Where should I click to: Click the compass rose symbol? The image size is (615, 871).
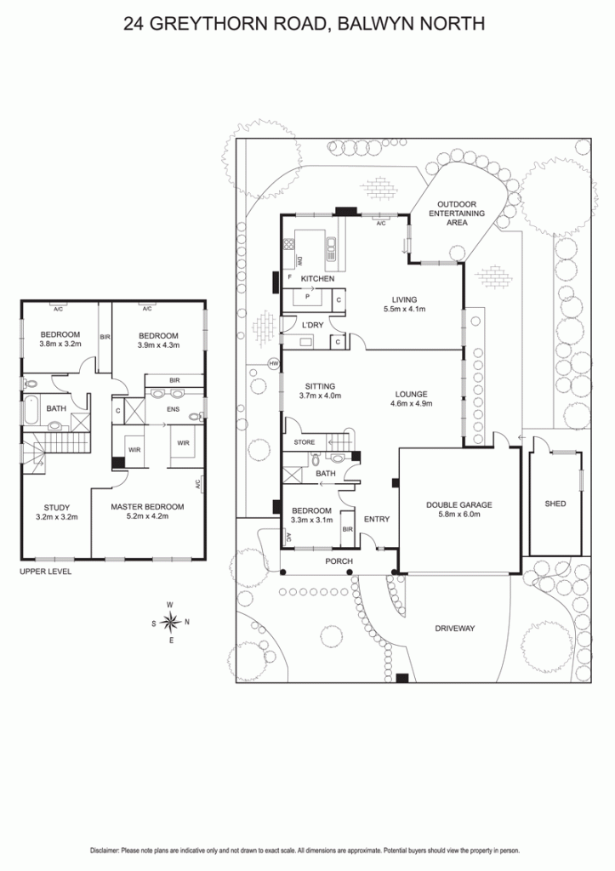point(171,622)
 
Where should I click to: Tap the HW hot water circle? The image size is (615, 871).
point(273,364)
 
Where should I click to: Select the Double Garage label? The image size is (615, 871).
point(458,505)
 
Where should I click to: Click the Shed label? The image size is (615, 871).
point(555,504)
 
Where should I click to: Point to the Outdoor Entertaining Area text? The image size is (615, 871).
point(457,213)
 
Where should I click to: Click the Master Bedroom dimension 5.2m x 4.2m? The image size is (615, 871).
point(147,516)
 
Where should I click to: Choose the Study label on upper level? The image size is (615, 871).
point(57,507)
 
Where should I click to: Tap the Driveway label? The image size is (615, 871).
point(454,629)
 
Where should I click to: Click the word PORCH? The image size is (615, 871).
point(339,561)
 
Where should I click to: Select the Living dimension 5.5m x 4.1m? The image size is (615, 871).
point(404,309)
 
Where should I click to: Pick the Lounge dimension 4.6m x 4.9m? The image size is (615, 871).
point(411,404)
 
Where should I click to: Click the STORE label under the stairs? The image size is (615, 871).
point(305,442)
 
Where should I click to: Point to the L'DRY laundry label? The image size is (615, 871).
point(312,325)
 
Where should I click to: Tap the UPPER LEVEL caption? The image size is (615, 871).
point(46,572)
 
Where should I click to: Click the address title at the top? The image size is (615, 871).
point(304,24)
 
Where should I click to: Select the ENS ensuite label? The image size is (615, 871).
point(174,409)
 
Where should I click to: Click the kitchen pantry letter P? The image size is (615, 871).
point(307,297)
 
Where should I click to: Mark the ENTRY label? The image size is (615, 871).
point(377,519)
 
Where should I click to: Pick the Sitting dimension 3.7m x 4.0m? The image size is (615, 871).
point(320,396)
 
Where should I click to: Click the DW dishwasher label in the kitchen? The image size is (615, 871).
point(299,259)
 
